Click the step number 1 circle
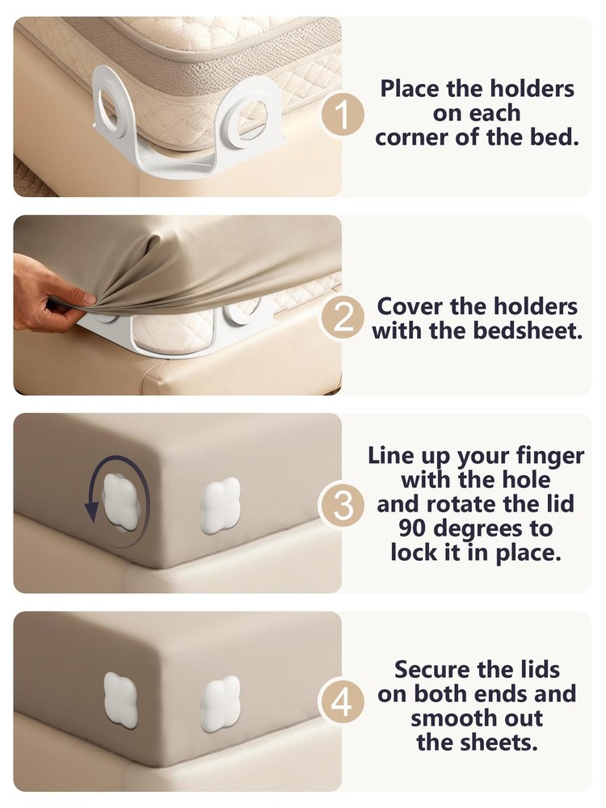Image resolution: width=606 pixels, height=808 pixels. click(343, 116)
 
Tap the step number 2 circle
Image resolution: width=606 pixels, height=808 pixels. click(343, 318)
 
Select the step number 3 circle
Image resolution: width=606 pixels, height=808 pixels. click(343, 507)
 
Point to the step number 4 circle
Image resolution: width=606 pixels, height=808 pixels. click(343, 703)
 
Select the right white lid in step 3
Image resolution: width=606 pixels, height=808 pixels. click(220, 505)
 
